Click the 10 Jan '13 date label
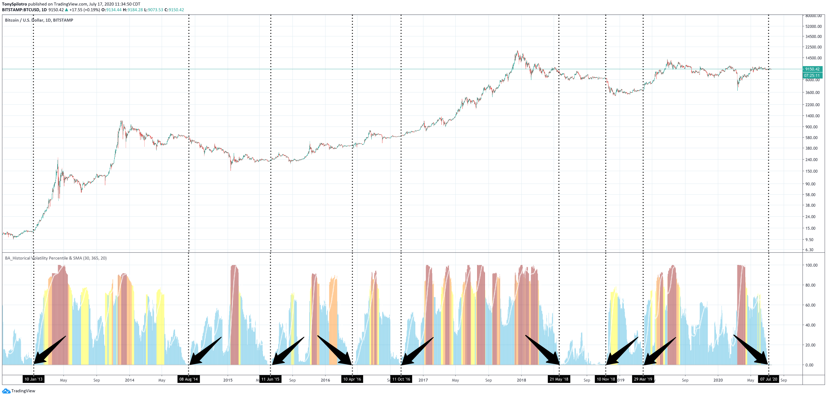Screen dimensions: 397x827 point(33,379)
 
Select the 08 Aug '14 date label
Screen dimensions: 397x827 point(189,379)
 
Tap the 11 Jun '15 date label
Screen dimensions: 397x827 point(270,379)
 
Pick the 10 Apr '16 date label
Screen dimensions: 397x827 point(352,379)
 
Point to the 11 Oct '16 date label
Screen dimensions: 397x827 point(401,379)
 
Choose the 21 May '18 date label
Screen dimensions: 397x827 point(559,379)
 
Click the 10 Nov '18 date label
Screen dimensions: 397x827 point(606,379)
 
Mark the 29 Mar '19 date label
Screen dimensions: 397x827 point(643,379)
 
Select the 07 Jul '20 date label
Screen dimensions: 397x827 point(769,379)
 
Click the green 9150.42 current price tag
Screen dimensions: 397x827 point(812,69)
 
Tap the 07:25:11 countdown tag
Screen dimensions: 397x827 point(812,75)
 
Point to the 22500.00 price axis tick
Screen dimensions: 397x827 point(813,47)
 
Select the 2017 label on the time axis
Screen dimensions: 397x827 point(423,380)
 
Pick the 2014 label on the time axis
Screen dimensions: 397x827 point(130,380)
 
